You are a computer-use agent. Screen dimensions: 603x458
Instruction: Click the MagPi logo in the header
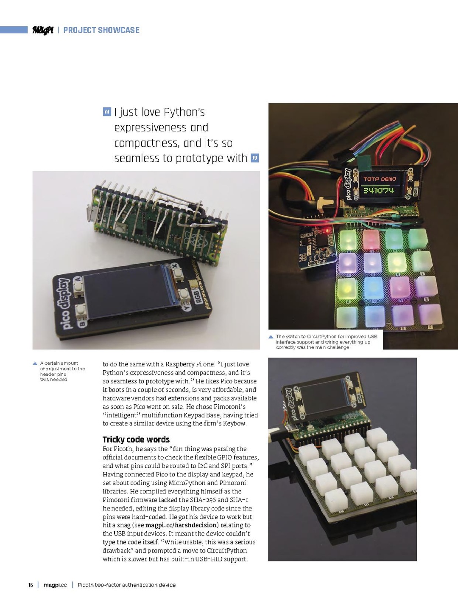[42, 30]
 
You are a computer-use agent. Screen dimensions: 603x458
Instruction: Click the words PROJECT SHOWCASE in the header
[101, 30]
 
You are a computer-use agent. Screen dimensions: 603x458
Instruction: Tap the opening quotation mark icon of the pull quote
[107, 112]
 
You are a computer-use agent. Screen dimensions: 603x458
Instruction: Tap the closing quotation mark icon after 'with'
[254, 158]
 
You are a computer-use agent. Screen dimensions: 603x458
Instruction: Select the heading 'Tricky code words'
[136, 440]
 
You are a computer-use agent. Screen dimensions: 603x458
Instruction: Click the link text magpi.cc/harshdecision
[182, 525]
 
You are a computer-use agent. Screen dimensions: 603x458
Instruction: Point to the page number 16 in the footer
[31, 585]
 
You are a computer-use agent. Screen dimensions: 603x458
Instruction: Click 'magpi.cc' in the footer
[55, 585]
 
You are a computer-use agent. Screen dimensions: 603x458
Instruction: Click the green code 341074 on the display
[379, 190]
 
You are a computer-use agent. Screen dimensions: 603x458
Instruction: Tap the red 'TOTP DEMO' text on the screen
[380, 179]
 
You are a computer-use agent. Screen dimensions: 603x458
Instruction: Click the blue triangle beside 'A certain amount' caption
[35, 363]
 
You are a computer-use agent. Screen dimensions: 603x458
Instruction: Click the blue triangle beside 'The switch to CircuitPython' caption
[271, 337]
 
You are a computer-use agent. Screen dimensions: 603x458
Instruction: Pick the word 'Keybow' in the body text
[235, 423]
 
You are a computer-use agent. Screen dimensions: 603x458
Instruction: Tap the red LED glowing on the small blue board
[327, 230]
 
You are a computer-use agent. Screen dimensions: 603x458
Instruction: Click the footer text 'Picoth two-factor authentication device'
[126, 585]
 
